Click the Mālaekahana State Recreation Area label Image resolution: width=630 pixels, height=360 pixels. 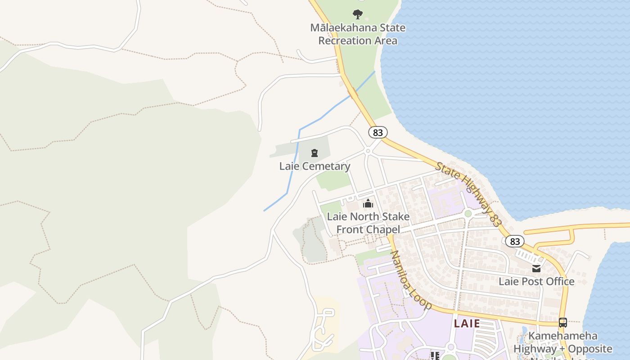(358, 34)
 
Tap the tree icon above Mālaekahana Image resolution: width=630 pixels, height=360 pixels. (358, 14)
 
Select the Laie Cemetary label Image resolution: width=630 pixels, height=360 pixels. (315, 166)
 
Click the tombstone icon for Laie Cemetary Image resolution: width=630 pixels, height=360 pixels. (315, 153)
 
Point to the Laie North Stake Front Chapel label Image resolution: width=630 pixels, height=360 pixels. (368, 223)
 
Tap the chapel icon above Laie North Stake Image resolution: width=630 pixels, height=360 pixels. (368, 203)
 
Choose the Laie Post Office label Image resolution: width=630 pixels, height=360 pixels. (536, 281)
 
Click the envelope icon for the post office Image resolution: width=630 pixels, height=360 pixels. (536, 269)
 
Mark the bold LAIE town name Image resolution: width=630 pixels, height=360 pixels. (467, 323)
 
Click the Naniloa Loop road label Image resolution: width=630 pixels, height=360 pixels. (410, 280)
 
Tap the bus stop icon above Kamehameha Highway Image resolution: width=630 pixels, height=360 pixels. (562, 322)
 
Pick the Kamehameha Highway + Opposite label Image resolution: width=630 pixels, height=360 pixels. (562, 342)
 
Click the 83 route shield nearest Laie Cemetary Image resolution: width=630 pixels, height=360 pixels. (378, 132)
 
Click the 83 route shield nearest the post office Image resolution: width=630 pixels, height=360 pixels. (515, 241)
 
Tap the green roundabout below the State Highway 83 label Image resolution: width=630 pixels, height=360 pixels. (468, 214)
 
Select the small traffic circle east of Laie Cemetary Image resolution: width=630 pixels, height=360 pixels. (368, 151)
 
